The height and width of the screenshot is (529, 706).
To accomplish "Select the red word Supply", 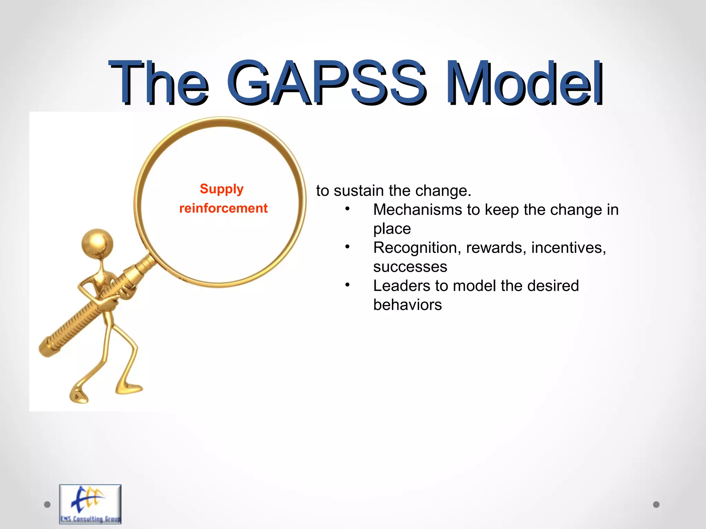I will [x=222, y=189].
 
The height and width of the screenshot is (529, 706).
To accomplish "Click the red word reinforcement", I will [x=223, y=208].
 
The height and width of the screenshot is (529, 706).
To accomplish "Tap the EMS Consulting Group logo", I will [x=90, y=504].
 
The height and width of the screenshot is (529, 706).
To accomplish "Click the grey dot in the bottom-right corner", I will [x=656, y=505].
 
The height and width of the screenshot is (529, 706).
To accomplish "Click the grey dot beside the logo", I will [x=47, y=505].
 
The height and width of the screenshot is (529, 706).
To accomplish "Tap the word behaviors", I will [x=407, y=305].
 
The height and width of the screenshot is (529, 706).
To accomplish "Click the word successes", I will [x=410, y=267].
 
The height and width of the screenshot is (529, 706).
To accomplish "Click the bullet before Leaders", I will [x=347, y=285].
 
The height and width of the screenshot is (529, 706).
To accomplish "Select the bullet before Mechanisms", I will [x=347, y=209].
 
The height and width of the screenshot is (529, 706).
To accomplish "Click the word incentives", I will [x=568, y=248].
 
